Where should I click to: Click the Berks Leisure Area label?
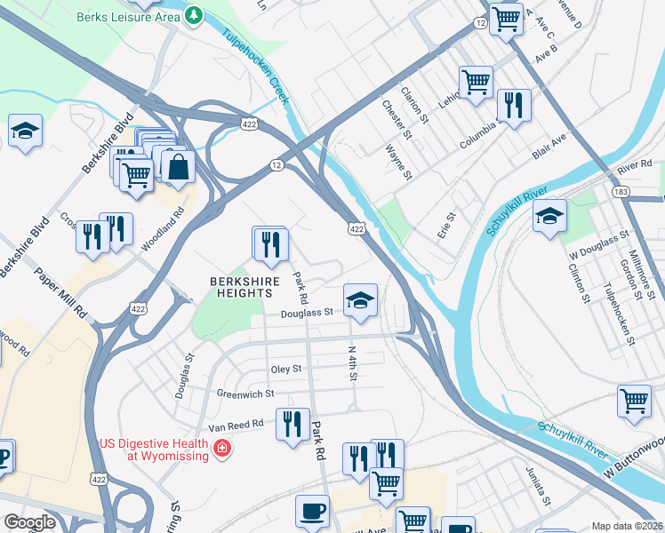(130, 17)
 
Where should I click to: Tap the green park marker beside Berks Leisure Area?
(194, 15)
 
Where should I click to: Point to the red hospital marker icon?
(221, 449)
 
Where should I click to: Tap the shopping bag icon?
(179, 166)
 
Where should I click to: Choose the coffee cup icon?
(312, 512)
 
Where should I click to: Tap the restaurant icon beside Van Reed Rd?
(292, 424)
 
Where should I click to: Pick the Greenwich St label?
(245, 393)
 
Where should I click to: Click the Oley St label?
(285, 369)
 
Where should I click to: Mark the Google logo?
(29, 522)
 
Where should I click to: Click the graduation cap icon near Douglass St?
(361, 301)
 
